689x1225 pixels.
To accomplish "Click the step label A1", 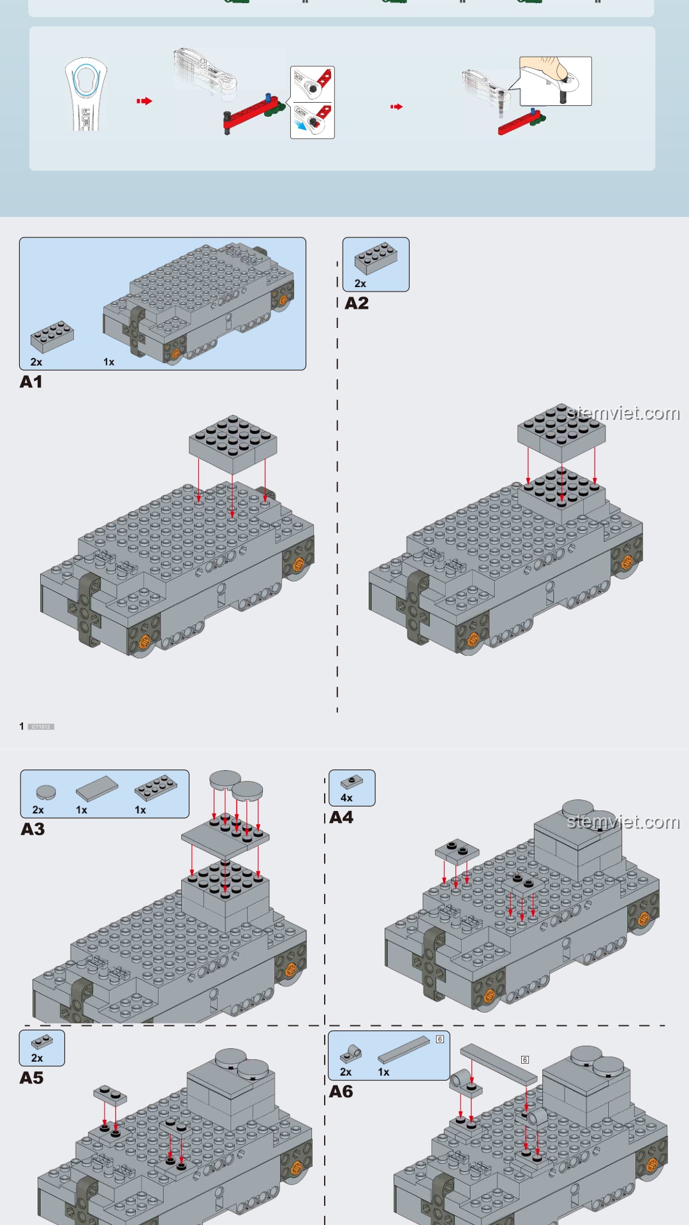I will click(31, 382).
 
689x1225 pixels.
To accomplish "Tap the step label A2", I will click(357, 303).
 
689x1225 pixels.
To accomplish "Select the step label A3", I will click(33, 829).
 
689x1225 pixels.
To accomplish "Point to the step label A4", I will click(341, 817).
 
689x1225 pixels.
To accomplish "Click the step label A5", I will click(31, 1078).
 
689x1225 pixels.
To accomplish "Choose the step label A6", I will click(341, 1092).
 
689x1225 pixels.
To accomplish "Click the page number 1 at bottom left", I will click(22, 726).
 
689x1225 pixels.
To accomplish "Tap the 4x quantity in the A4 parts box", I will click(346, 798).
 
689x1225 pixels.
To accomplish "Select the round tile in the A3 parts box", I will click(46, 792).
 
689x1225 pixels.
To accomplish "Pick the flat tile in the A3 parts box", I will click(97, 789).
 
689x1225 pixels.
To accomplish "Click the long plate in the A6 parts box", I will click(404, 1050).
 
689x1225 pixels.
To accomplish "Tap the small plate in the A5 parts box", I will click(42, 1041).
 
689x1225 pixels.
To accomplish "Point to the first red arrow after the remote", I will click(144, 101).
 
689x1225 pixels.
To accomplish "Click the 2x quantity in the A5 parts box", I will click(37, 1058).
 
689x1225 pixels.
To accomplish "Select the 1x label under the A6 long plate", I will click(383, 1072).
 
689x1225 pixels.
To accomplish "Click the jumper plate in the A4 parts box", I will click(352, 782).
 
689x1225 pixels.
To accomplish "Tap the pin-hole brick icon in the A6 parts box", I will click(350, 1053).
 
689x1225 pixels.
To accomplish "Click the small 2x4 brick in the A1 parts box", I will click(52, 336).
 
